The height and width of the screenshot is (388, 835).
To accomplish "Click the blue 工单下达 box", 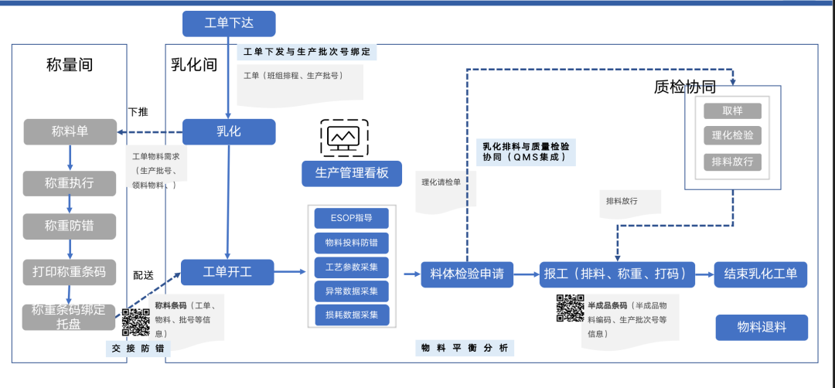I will coord(229,23).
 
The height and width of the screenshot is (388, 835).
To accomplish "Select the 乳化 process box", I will coord(229,131).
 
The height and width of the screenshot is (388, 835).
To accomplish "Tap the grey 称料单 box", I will coord(70,131).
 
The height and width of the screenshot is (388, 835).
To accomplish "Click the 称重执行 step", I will coord(70,183).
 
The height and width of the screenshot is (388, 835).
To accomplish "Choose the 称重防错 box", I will coord(70,226).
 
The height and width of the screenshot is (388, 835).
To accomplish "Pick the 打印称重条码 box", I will coord(70,272).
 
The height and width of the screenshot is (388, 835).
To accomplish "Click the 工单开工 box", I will coord(227,272).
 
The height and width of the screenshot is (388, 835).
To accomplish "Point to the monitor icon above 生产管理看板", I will coord(344,138).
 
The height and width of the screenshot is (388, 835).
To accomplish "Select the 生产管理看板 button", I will coord(352,173).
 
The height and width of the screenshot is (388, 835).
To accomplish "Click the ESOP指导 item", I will coord(352,218).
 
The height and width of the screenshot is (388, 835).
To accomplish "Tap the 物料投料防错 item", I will coord(352,243).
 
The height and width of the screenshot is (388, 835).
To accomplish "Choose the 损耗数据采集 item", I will coord(352,315).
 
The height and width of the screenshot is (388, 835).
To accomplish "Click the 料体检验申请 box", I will coord(467,274).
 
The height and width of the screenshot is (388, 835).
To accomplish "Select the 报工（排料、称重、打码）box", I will coord(617,274).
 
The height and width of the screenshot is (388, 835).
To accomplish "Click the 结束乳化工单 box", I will coord(761,274).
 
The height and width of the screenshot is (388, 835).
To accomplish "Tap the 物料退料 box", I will coord(761,327).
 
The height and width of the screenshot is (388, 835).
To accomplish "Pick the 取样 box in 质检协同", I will coord(732,111).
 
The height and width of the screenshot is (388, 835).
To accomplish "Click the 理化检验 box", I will coord(732,136).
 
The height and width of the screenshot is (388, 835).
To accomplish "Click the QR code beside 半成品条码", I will coord(571,308).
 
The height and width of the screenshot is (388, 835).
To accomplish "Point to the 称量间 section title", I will coord(70,65).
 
